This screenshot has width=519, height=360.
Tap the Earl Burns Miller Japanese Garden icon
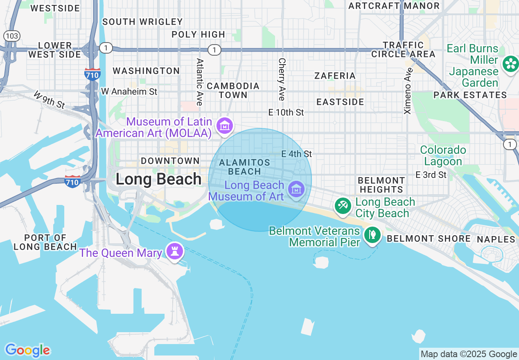pyautogui.click(x=510, y=63)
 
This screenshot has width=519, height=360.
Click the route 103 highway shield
pyautogui.click(x=12, y=36)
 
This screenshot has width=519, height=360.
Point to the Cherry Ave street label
pyautogui.click(x=282, y=79)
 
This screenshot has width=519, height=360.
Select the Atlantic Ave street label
pyautogui.click(x=200, y=82)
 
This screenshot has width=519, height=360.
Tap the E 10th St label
pyautogui.click(x=286, y=112)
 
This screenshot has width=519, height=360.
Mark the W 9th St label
pyautogui.click(x=49, y=100)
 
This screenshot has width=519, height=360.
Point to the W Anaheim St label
pyautogui.click(x=129, y=92)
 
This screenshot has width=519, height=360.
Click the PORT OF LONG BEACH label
pyautogui.click(x=45, y=242)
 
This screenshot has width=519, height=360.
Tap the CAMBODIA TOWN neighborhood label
pyautogui.click(x=233, y=90)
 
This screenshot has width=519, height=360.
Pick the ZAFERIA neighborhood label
pyautogui.click(x=335, y=76)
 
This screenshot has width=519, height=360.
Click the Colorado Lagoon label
pyautogui.click(x=443, y=155)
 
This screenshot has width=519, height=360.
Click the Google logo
pyautogui.click(x=27, y=350)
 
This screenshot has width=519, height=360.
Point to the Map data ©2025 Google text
pyautogui.click(x=469, y=354)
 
